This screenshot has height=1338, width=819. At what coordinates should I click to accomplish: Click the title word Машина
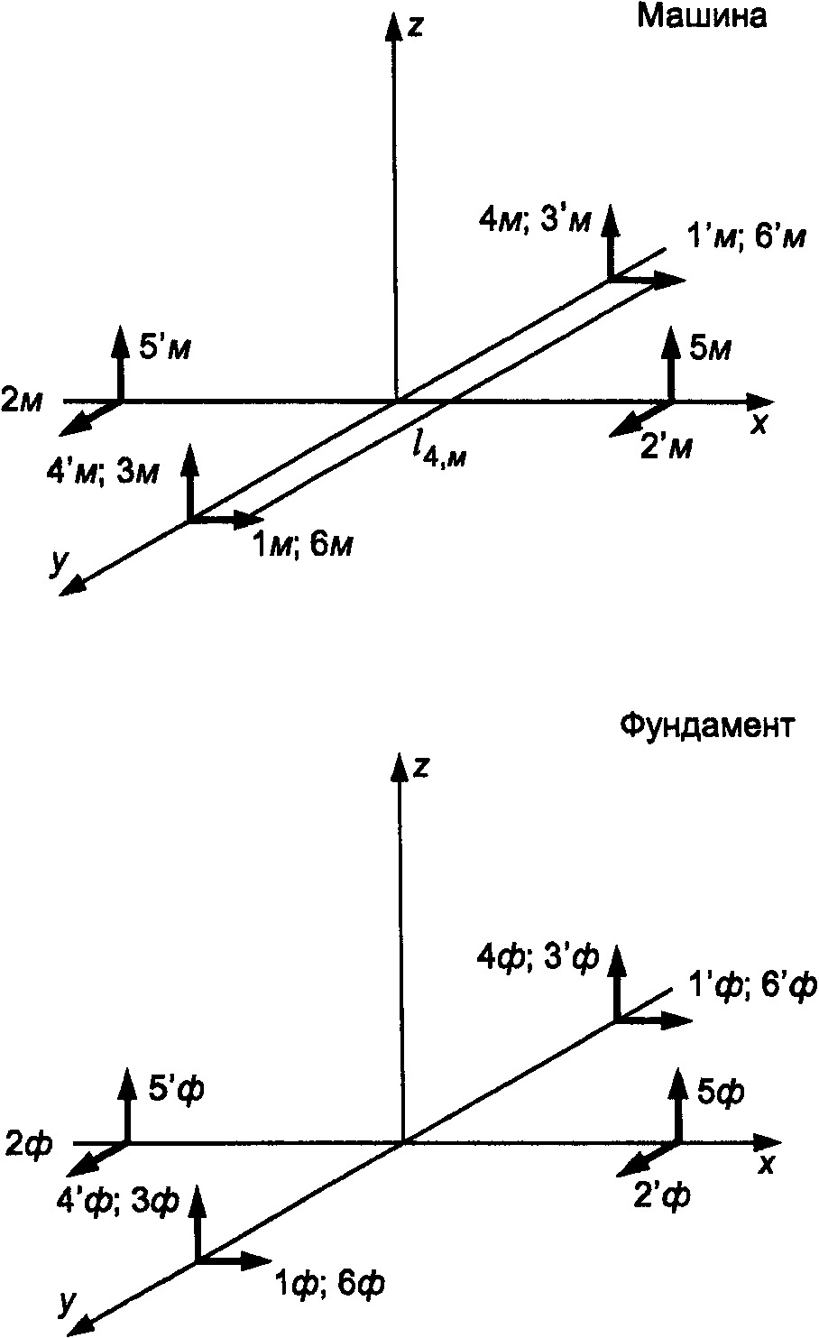[703, 17]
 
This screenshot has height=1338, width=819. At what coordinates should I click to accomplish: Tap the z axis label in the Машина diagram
[416, 26]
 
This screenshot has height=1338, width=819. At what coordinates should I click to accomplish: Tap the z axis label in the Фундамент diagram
[419, 768]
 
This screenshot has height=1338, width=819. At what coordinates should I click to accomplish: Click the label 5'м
[164, 346]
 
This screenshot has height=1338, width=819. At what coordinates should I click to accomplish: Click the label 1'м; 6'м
[745, 240]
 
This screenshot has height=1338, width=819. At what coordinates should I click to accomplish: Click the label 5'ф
[175, 1090]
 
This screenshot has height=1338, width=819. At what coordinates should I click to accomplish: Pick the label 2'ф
[663, 1196]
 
